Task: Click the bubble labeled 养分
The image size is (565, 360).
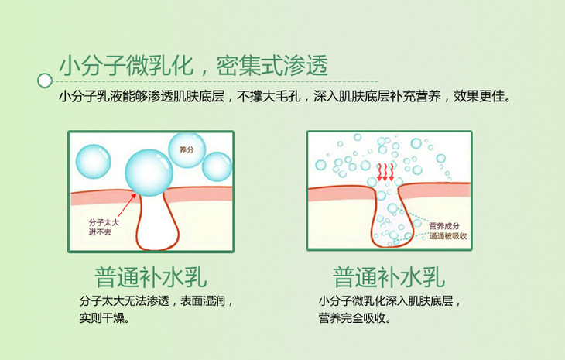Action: [184, 149]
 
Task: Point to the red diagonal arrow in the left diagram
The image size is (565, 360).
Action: [128, 207]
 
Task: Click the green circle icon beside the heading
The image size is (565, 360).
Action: [45, 78]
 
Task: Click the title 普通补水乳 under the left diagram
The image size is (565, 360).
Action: [151, 276]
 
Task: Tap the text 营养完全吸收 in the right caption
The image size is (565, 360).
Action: [353, 317]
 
